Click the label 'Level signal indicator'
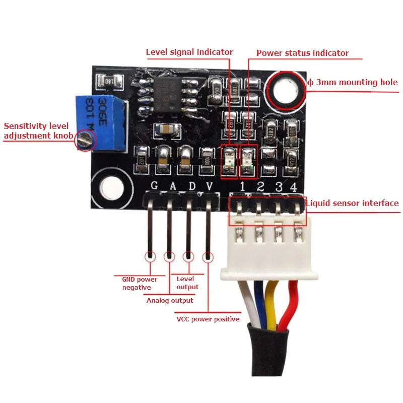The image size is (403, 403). point(189,52)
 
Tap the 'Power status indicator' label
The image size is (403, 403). point(302,53)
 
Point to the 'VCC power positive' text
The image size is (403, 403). point(208,319)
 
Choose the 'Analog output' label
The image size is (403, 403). point(170,300)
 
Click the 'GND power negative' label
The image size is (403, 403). point(140,283)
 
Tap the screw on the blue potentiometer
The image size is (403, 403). point(85,140)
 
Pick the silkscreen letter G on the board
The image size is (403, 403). point(154,186)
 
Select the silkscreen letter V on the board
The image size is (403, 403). point(210,186)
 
